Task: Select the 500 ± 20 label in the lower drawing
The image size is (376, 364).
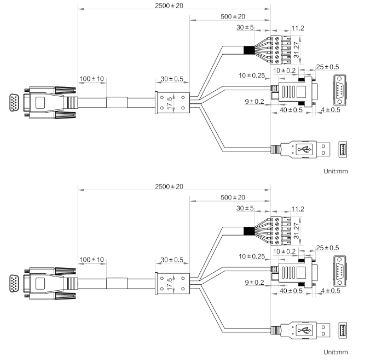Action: tap(233, 197)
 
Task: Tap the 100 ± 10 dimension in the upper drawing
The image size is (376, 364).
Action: tap(91, 79)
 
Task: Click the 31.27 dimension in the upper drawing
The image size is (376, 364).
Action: tap(296, 49)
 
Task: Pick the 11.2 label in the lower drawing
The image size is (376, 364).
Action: tap(298, 209)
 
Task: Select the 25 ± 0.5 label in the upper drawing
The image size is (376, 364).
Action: tap(327, 67)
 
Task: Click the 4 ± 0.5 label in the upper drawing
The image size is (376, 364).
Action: tap(330, 110)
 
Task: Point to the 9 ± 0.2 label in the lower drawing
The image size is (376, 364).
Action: tap(254, 283)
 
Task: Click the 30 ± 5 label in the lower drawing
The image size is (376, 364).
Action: tap(245, 208)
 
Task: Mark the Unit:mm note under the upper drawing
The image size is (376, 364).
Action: tap(335, 171)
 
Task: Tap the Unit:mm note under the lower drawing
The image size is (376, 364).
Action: tap(335, 352)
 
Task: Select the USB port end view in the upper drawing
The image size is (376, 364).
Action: tap(344, 149)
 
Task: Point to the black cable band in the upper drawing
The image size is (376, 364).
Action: tap(249, 51)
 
